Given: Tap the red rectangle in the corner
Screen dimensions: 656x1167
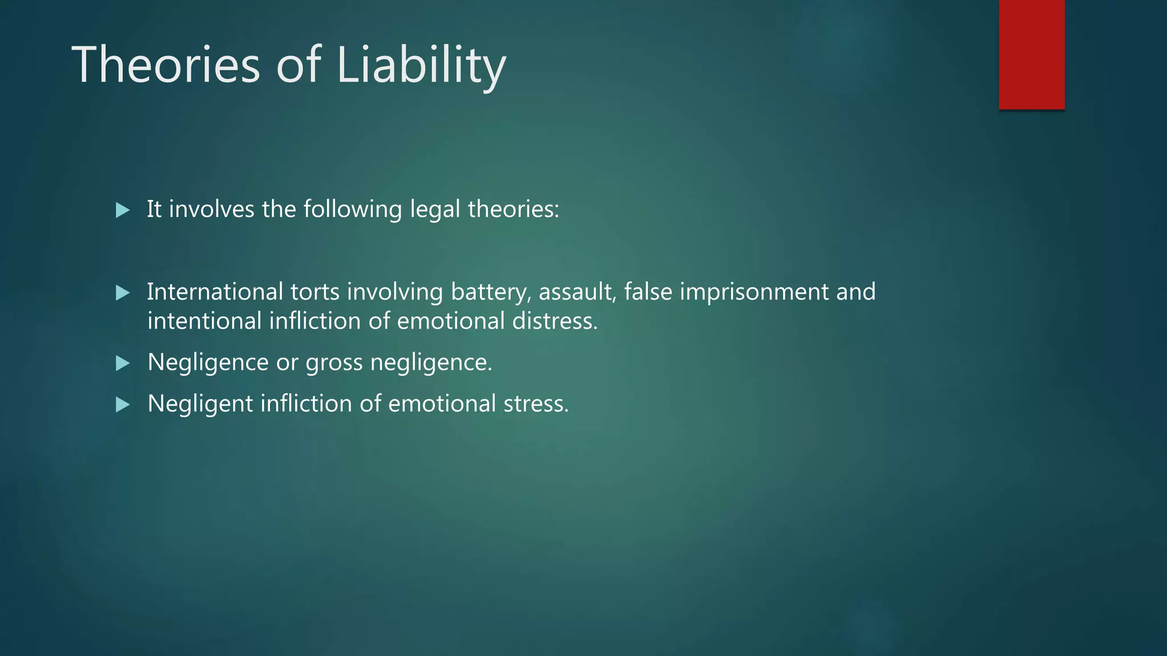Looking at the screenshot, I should (1031, 54).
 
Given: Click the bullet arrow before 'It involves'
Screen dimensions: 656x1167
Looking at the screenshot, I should (123, 210).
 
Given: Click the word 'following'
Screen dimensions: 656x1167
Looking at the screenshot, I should (353, 210).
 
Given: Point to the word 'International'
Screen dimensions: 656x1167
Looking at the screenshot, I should (215, 292).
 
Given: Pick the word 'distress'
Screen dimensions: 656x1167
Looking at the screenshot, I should (554, 321).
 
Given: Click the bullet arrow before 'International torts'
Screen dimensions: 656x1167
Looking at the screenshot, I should (123, 293).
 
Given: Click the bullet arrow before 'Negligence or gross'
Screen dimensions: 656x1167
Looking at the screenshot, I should (123, 363).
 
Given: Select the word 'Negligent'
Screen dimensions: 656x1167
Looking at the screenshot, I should (200, 404).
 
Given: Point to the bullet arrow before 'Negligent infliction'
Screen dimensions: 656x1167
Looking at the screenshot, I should (123, 405).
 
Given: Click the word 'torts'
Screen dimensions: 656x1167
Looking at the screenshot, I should (315, 292).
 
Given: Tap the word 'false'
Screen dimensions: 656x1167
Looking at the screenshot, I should (648, 292).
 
